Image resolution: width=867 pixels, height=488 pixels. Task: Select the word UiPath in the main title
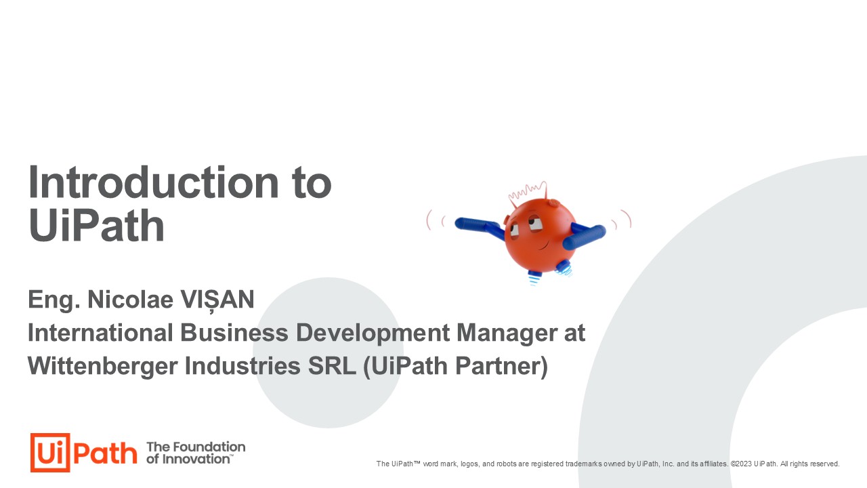96,226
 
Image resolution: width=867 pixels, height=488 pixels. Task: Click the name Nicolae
131,300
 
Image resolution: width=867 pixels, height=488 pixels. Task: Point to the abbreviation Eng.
54,301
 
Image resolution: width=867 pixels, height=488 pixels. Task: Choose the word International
100,333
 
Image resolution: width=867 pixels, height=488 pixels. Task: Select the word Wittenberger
102,366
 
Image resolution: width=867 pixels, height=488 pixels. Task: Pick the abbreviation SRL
332,366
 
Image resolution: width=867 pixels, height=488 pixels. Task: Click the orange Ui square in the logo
50,452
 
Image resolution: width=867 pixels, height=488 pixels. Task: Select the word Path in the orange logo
105,453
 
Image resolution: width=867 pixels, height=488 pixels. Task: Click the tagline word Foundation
209,447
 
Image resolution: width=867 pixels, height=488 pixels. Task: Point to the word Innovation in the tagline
196,459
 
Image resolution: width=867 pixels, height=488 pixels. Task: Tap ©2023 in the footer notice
741,464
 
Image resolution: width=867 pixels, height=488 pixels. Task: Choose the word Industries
242,366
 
